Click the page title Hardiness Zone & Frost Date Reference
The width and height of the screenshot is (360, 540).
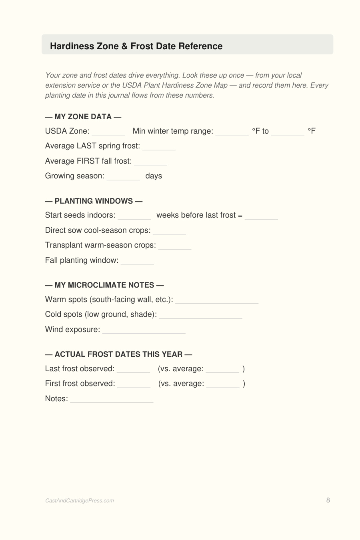(136, 46)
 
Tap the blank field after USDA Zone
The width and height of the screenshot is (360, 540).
(108, 132)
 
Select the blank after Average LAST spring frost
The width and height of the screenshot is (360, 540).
(159, 147)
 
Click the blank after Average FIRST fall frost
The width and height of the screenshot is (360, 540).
(150, 162)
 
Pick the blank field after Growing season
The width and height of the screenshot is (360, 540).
(123, 177)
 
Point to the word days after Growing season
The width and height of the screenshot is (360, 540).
(154, 176)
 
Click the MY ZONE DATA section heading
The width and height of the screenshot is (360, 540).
(83, 117)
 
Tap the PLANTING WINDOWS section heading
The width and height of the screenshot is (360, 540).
(94, 201)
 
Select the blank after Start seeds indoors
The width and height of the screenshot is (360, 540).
(134, 216)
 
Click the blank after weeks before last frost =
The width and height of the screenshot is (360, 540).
(261, 216)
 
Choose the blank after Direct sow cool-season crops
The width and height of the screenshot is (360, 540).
(169, 231)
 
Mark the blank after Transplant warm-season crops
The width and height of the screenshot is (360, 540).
(174, 246)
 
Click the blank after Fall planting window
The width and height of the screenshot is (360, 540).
(137, 261)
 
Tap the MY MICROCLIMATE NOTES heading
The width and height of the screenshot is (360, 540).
(104, 285)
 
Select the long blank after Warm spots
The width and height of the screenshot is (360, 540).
(217, 300)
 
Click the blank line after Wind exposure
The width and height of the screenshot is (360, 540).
(144, 330)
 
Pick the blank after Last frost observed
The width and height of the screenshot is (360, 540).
(133, 370)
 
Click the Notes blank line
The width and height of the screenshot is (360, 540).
(112, 400)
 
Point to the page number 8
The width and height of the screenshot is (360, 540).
(328, 500)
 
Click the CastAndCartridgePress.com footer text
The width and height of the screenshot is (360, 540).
(80, 501)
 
